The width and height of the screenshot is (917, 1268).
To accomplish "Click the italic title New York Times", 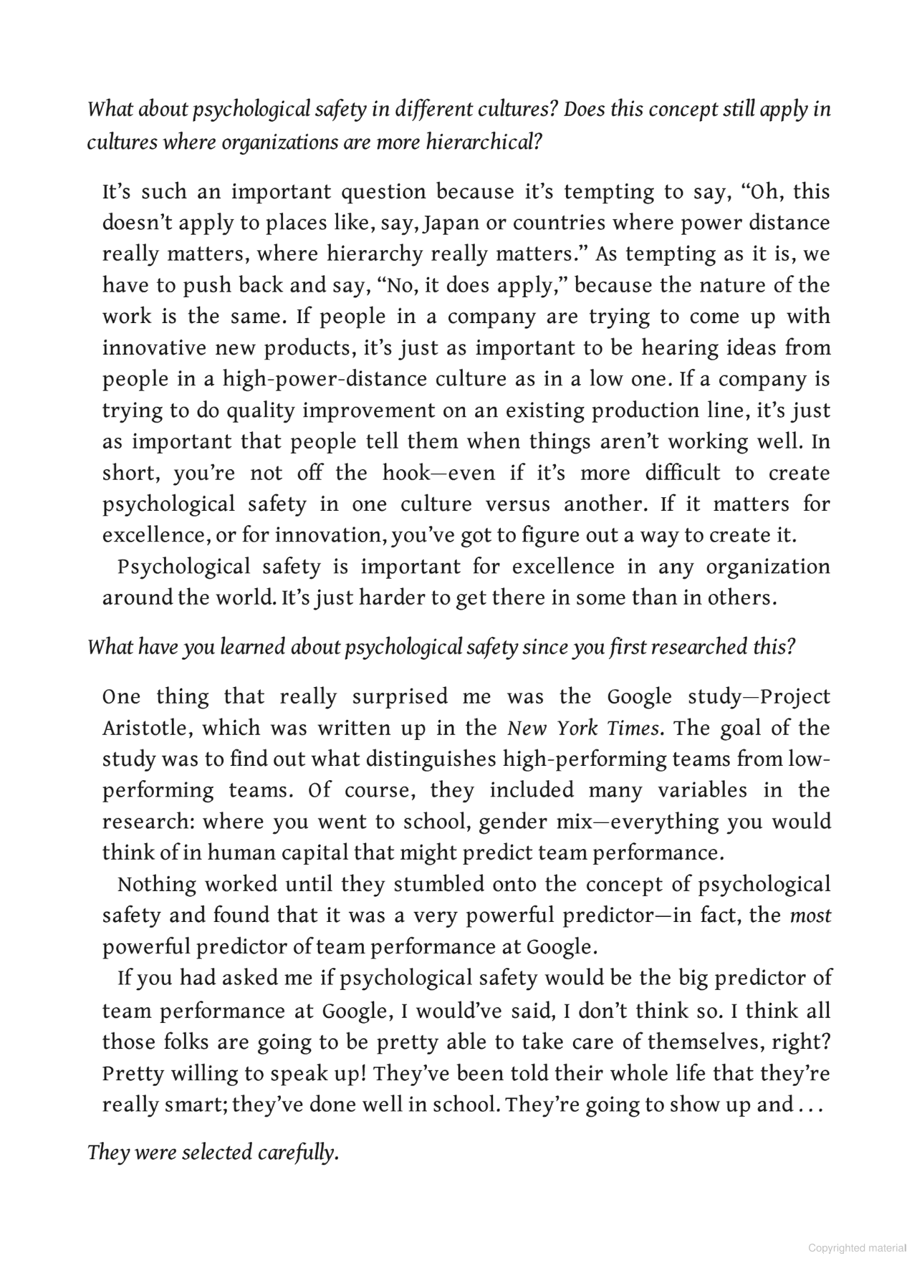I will pos(583,729).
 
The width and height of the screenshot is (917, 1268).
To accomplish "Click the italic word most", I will pos(810,916).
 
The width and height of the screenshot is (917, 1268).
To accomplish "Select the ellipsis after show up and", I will pos(810,1105).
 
